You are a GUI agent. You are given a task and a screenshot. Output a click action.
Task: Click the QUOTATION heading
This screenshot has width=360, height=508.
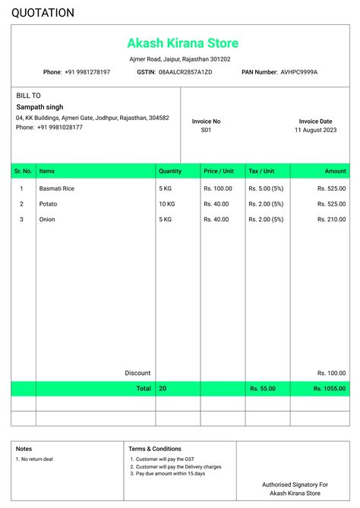[x=43, y=13]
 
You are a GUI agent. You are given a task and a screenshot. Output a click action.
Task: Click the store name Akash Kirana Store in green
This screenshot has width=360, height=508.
[x=182, y=43]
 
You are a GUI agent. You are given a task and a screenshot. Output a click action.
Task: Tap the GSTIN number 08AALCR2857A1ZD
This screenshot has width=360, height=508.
[x=185, y=72]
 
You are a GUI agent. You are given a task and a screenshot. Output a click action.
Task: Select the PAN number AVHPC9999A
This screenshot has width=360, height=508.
[x=298, y=72]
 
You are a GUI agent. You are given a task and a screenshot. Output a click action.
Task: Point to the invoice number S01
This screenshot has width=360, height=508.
[x=206, y=131]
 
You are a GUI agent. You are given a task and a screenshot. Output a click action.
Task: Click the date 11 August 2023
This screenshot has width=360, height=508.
[x=315, y=131]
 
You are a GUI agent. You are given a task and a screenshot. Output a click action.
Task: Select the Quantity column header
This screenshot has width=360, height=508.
[x=170, y=172]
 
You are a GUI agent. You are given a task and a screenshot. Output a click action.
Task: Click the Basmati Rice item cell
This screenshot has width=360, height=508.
[x=57, y=188]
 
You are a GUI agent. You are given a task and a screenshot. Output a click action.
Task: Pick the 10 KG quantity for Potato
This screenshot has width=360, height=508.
[x=167, y=204]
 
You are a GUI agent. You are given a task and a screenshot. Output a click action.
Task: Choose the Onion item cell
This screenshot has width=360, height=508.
[x=47, y=219]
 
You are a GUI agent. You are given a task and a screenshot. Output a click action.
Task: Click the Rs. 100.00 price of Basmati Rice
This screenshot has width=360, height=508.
[x=218, y=188]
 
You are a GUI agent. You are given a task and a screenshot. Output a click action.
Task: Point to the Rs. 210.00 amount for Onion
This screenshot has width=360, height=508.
[x=331, y=219]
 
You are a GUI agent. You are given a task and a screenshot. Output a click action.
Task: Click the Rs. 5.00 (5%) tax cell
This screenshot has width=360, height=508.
[x=266, y=188]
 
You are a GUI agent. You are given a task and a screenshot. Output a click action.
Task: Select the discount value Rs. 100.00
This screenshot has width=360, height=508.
[x=331, y=373]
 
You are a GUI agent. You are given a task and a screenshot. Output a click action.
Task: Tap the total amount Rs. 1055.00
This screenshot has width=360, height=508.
[x=330, y=388]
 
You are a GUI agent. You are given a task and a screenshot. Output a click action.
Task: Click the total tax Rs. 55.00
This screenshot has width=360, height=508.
[x=263, y=388]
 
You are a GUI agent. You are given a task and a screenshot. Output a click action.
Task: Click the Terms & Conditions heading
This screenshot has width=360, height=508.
[x=155, y=449]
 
